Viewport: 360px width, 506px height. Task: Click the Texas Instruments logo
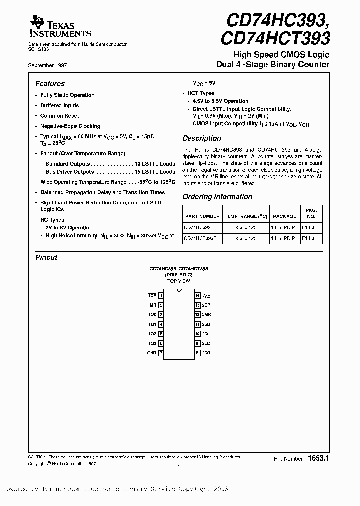(60, 26)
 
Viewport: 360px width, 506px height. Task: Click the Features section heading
(50, 84)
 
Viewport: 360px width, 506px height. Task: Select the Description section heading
(201, 138)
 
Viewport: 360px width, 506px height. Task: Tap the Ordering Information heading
(217, 197)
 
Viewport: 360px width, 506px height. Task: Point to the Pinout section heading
(46, 257)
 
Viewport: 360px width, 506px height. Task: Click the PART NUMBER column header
(202, 216)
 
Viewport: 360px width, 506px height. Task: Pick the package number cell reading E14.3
(308, 238)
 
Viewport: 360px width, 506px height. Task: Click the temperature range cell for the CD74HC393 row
(244, 227)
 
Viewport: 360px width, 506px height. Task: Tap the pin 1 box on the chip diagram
(161, 296)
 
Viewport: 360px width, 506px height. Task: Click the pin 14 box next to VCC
(198, 296)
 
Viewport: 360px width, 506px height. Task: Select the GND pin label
(151, 353)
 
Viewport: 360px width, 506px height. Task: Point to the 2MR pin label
(206, 315)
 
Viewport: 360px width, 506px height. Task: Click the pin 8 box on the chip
(198, 353)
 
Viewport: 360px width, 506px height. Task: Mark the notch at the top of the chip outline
(179, 293)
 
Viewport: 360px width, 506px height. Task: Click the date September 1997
(48, 65)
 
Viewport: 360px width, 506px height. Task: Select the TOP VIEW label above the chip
(178, 281)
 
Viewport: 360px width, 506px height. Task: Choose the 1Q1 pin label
(152, 324)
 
